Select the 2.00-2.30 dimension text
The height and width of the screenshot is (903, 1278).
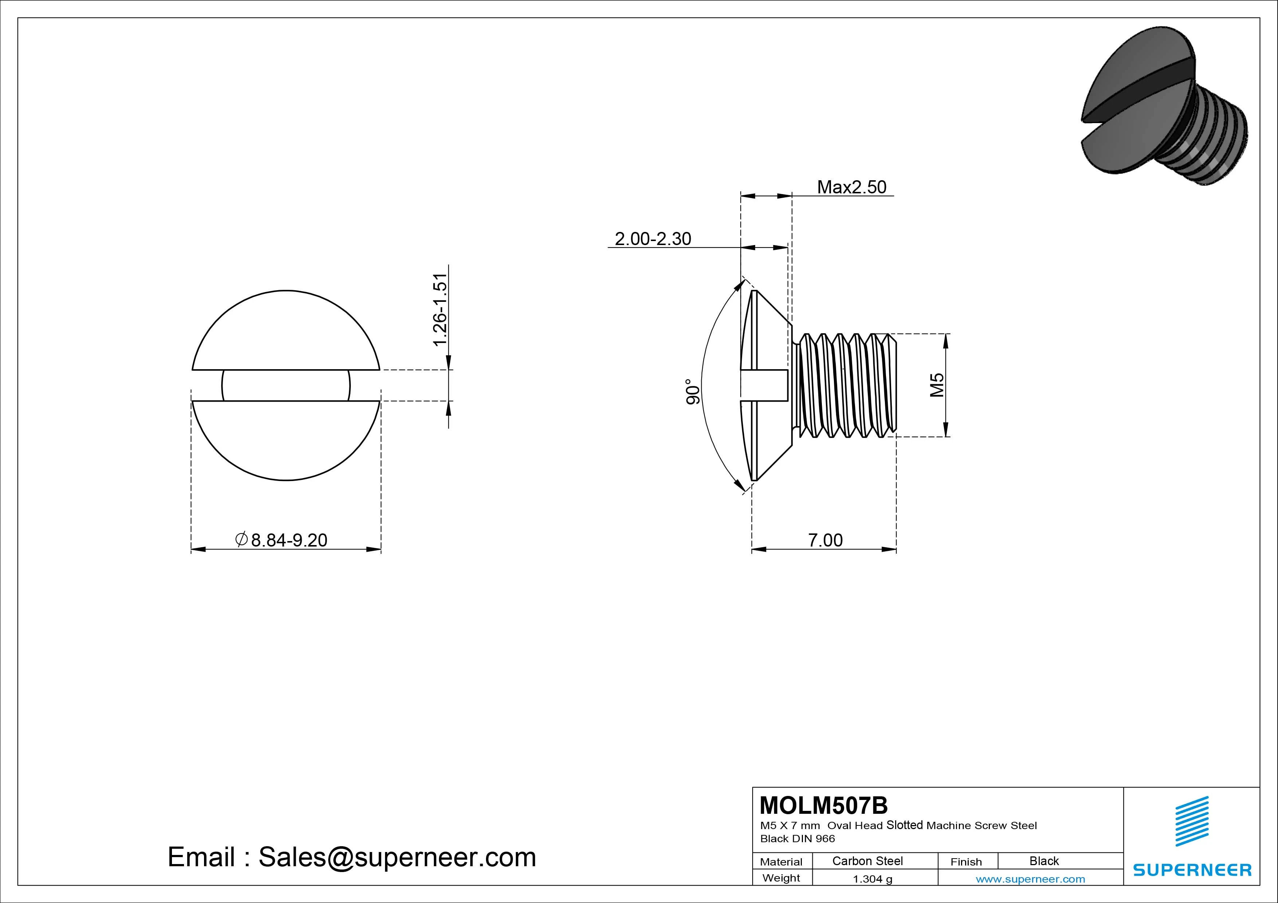point(652,239)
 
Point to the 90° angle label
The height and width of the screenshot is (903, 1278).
point(693,392)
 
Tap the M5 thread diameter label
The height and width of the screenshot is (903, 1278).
point(937,385)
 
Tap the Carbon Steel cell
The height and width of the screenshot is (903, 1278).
point(867,861)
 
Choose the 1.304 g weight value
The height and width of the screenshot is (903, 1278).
point(872,879)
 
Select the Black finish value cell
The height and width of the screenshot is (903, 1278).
point(1044,861)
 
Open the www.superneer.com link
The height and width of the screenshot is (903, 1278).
point(1030,879)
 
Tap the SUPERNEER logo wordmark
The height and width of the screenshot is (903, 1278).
point(1192,870)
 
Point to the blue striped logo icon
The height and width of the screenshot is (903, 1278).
point(1192,821)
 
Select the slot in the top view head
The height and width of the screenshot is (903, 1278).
point(286,385)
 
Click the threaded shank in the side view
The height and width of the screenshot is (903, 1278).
point(846,385)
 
